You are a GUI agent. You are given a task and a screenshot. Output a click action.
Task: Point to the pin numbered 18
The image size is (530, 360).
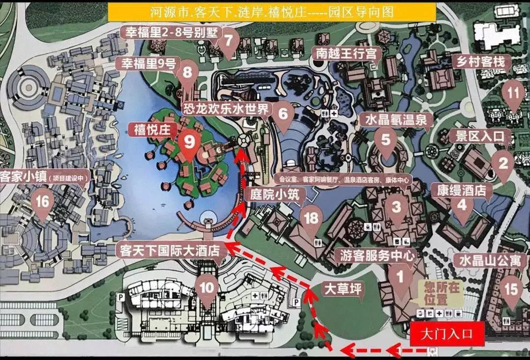coord(311,219)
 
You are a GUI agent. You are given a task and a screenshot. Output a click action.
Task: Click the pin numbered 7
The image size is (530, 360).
coord(228,41)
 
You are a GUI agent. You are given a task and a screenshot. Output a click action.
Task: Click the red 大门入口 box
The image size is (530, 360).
coord(447,334)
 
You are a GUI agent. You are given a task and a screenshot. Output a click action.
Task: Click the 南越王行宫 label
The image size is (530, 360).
coord(346,53)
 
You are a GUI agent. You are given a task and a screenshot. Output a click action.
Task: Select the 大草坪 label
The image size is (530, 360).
coord(342,289)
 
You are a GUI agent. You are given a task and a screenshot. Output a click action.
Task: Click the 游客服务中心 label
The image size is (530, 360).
coord(376,255)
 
